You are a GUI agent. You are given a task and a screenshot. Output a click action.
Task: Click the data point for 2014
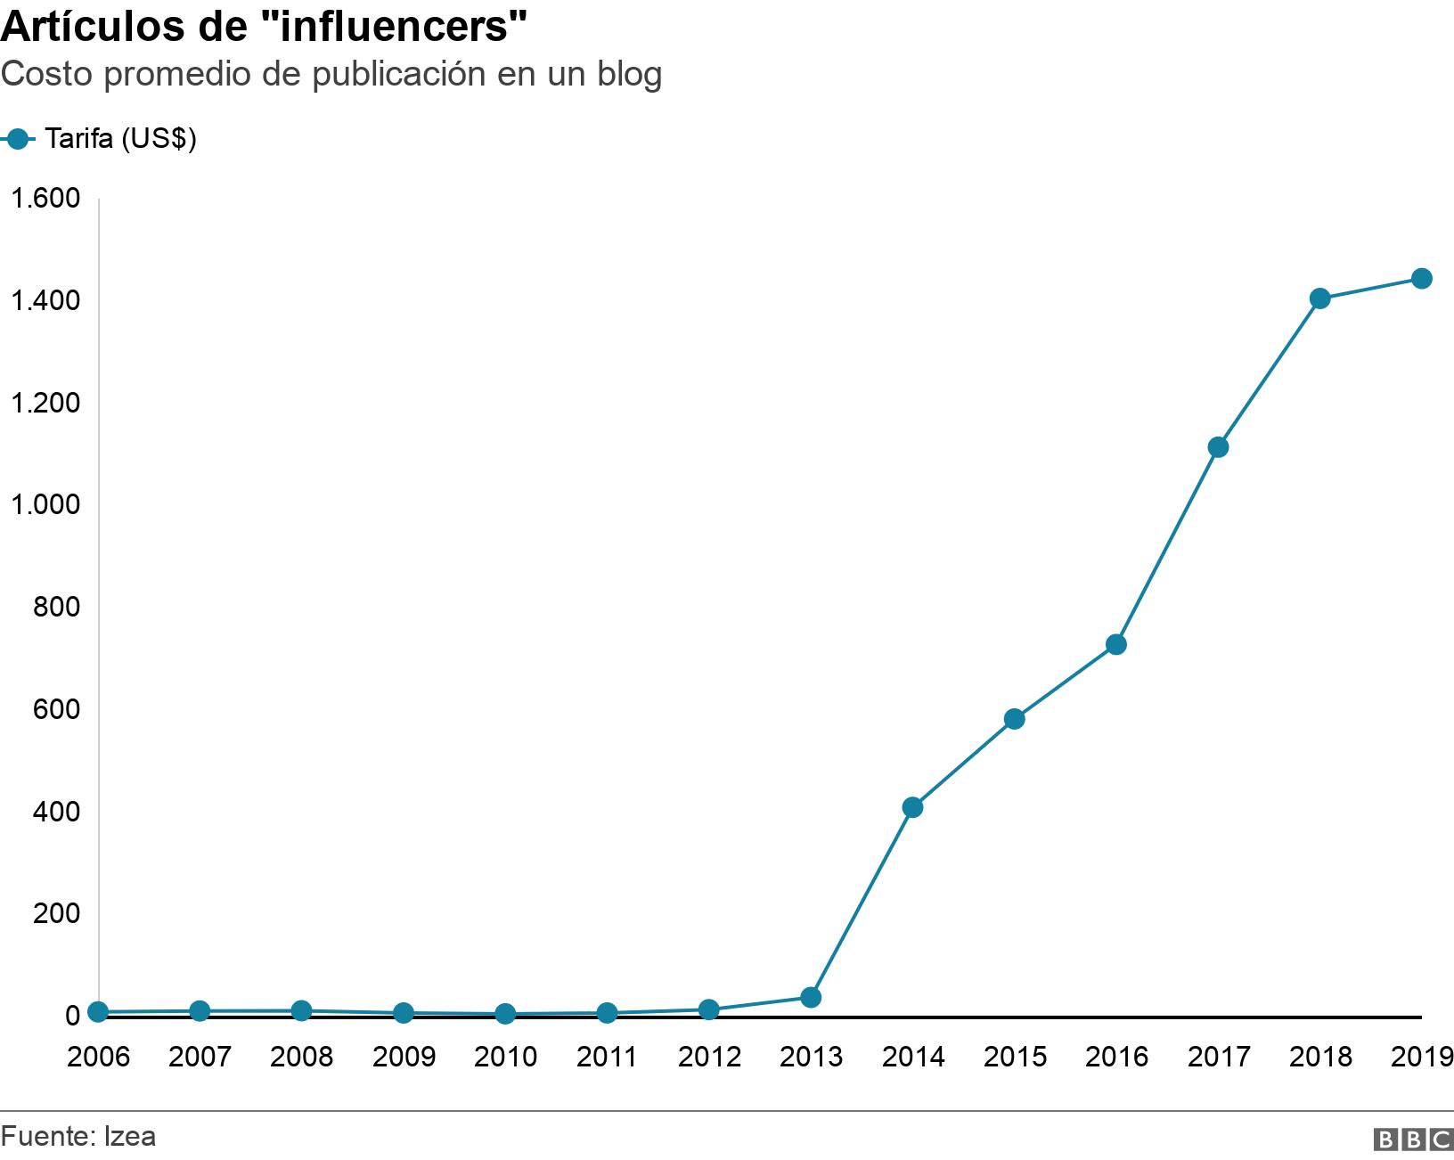pyautogui.click(x=912, y=808)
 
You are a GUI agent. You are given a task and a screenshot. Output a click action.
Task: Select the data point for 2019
pyautogui.click(x=1422, y=279)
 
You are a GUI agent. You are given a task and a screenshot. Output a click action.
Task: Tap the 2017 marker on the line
pyautogui.click(x=1218, y=447)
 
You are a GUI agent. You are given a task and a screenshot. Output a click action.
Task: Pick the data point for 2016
pyautogui.click(x=1116, y=644)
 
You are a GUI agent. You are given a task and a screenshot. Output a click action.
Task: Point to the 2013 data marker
pyautogui.click(x=811, y=997)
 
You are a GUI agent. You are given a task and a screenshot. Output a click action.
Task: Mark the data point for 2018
pyautogui.click(x=1320, y=298)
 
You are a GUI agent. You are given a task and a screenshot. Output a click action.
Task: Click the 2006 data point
pyautogui.click(x=98, y=1011)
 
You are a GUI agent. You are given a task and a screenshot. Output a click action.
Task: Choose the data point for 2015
pyautogui.click(x=1014, y=719)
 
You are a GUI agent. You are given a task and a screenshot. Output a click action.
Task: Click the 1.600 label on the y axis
pyautogui.click(x=45, y=198)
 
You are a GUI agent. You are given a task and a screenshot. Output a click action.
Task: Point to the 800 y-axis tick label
pyautogui.click(x=56, y=607)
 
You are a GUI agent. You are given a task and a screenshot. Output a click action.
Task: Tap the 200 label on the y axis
pyautogui.click(x=56, y=913)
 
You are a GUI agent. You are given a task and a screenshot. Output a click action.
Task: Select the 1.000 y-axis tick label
pyautogui.click(x=45, y=504)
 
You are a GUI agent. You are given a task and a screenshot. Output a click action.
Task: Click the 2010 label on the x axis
pyautogui.click(x=505, y=1057)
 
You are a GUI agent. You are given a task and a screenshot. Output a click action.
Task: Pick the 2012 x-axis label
pyautogui.click(x=709, y=1057)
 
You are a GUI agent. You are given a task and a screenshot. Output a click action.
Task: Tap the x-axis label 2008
pyautogui.click(x=301, y=1057)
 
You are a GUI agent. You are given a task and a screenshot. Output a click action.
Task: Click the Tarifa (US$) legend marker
pyautogui.click(x=17, y=139)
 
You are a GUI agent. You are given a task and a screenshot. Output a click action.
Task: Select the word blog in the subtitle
pyautogui.click(x=629, y=75)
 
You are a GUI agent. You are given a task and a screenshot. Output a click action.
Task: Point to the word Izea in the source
pyautogui.click(x=130, y=1136)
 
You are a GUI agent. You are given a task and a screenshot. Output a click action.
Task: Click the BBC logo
pyautogui.click(x=1413, y=1140)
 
